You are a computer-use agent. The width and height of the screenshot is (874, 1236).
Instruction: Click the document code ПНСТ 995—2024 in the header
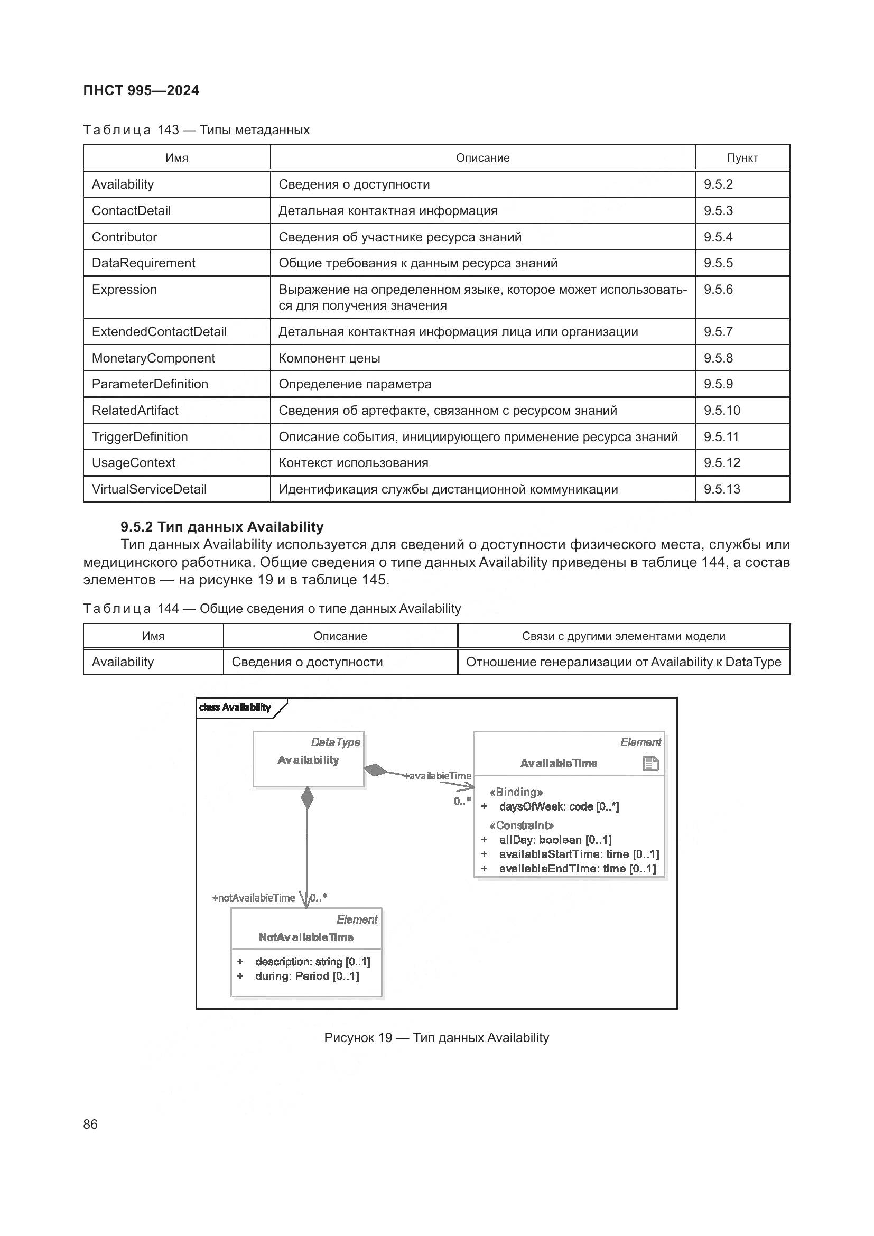coord(141,90)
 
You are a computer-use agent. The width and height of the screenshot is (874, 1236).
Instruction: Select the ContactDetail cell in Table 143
coord(132,210)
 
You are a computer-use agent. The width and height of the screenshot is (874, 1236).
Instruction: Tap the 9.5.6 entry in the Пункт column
coord(718,290)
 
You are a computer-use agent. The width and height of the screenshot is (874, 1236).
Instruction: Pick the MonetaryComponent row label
coord(153,358)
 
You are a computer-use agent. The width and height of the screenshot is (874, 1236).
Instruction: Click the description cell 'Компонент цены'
coord(329,358)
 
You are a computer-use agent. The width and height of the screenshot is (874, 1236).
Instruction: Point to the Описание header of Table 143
coord(482,157)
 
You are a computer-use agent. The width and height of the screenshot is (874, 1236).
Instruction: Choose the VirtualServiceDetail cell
coord(149,489)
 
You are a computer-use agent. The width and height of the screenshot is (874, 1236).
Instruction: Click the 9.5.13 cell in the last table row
coord(722,489)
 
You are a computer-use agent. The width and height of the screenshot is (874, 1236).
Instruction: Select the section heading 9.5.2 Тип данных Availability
coord(222,526)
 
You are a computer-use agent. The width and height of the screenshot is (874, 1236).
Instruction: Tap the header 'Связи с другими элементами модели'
coord(623,636)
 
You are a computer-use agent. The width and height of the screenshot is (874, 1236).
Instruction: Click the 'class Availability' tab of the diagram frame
coord(235,708)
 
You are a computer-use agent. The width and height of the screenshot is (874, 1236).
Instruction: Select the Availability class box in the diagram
coord(309,759)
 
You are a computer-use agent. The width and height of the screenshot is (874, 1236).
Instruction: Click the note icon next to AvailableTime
coord(650,764)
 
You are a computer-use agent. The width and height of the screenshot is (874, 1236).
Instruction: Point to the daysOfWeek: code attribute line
coord(559,807)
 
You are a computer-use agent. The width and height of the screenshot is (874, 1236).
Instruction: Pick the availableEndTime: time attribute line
coord(577,869)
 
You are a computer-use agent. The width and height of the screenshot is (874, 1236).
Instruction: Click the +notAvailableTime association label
coord(254,898)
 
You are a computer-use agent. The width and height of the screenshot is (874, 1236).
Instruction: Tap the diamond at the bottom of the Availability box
coord(307,798)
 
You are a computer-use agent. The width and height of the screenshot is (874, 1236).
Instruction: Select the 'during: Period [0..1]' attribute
coord(307,977)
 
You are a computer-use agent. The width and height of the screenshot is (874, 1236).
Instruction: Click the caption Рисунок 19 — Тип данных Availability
coord(436,1038)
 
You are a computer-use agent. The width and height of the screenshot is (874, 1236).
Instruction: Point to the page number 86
coord(90,1124)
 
